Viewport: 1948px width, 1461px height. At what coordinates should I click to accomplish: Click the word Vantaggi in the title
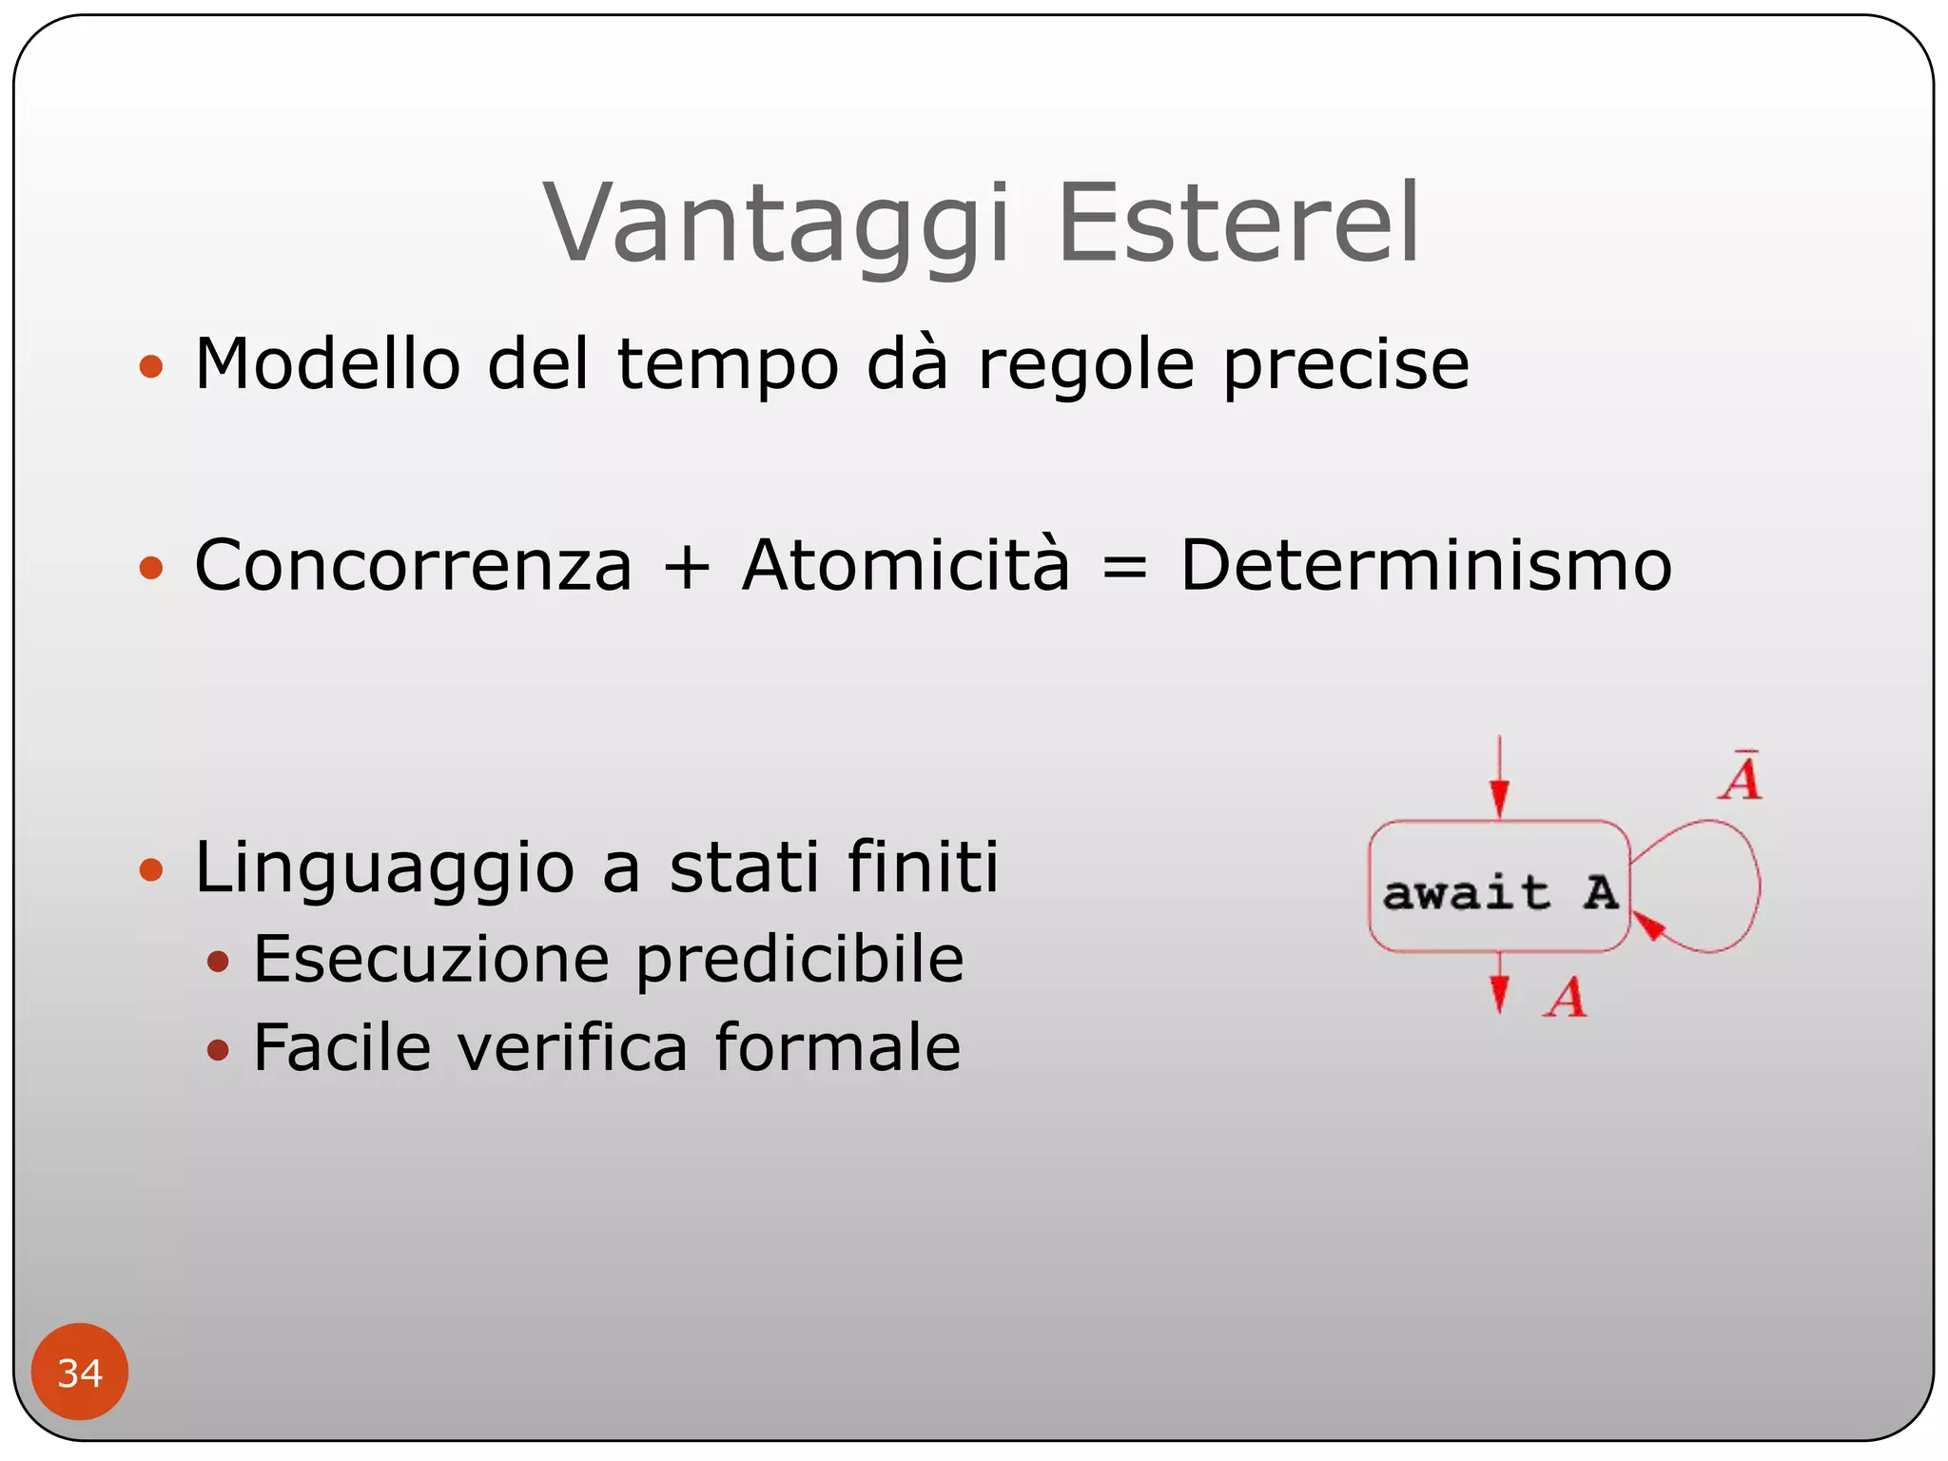click(775, 224)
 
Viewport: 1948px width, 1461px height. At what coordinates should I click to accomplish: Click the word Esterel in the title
click(1238, 224)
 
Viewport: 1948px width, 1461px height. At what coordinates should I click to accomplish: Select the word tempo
click(728, 366)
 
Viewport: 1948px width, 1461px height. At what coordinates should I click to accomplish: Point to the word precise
click(1346, 366)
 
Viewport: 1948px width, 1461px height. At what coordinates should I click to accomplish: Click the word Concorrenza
click(413, 565)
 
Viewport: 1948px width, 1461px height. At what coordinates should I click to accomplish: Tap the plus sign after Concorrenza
click(687, 567)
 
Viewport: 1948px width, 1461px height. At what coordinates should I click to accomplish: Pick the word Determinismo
click(1425, 565)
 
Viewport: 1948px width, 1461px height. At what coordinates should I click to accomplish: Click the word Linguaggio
click(384, 869)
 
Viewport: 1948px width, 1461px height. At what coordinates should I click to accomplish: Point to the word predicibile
click(799, 959)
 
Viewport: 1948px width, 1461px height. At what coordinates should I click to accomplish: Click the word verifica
click(572, 1047)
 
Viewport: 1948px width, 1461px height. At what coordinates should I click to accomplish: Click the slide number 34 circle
click(79, 1372)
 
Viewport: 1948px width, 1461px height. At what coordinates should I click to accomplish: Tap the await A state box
click(1498, 886)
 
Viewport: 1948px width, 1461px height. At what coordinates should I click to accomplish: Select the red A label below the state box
click(1565, 999)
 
